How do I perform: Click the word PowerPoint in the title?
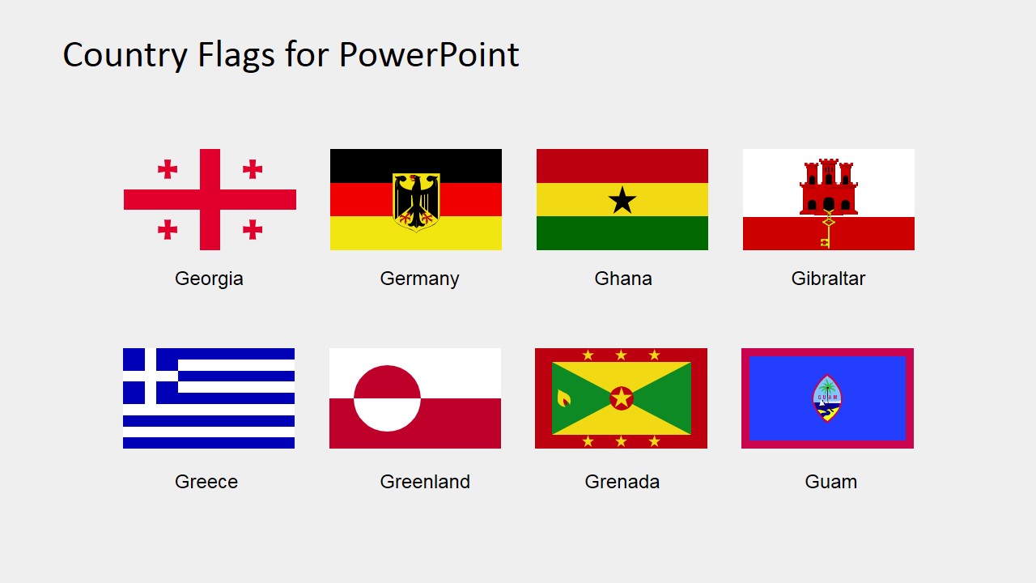click(429, 55)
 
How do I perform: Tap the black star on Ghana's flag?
click(622, 200)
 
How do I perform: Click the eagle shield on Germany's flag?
click(416, 201)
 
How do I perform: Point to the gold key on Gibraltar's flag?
click(828, 230)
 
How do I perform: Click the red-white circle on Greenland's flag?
click(387, 398)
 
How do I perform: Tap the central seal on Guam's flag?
click(827, 398)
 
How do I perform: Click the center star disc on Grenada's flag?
click(621, 398)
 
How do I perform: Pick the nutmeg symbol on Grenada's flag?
click(563, 398)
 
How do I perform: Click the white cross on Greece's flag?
click(150, 376)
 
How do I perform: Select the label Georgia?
click(209, 279)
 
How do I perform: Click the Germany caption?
click(419, 279)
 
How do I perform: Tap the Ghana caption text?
click(622, 279)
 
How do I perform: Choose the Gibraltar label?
click(828, 279)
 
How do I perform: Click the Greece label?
click(206, 482)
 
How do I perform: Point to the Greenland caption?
click(425, 482)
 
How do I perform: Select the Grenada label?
click(622, 482)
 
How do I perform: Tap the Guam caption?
click(830, 482)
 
